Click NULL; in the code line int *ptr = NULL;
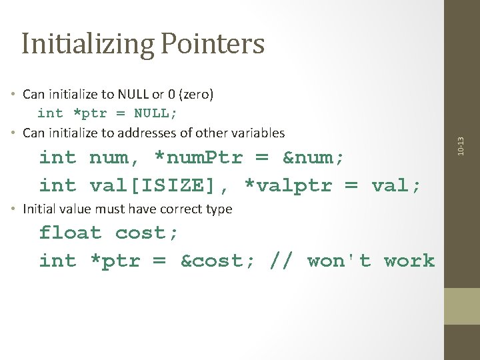156,113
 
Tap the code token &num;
314,158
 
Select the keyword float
70,233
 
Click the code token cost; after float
147,233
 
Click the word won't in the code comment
339,261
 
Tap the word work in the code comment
409,261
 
